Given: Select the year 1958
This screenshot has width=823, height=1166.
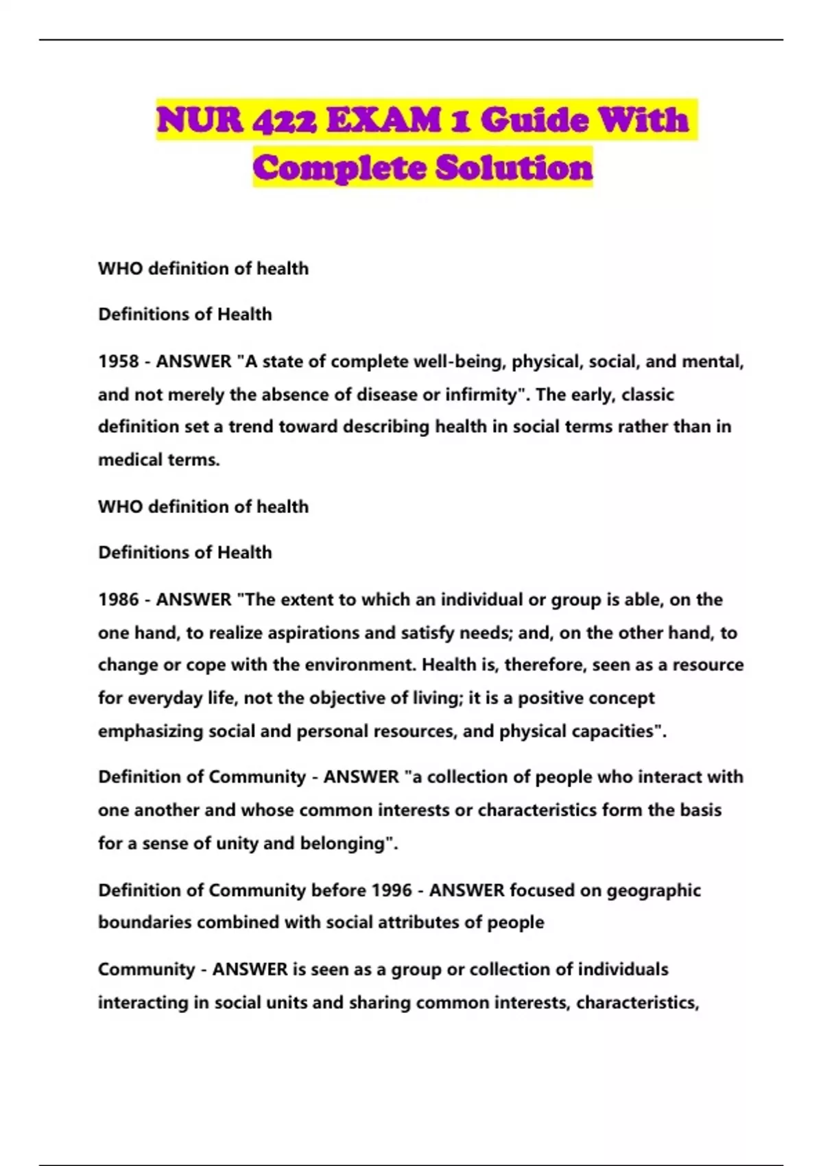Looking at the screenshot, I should coord(119,361).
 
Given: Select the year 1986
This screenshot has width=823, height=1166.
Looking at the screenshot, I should coord(119,599).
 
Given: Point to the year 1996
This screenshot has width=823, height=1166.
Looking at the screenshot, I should coord(392,890).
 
